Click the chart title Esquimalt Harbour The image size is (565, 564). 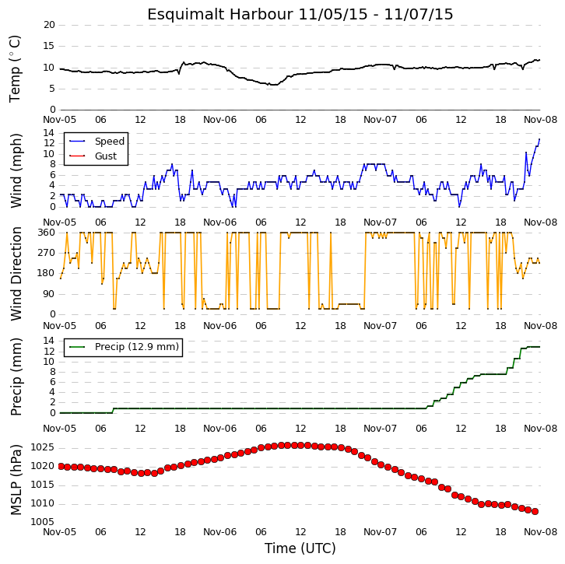pos(219,15)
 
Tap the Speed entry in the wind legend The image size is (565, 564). pos(110,141)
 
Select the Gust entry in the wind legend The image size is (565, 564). pos(106,156)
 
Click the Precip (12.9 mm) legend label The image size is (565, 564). pos(137,347)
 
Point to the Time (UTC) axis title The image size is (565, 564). pos(300,548)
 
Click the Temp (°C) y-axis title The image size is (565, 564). pos(15,69)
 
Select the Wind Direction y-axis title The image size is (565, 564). pos(16,273)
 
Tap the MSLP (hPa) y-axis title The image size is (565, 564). pos(16,480)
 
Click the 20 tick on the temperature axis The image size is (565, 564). pos(49,25)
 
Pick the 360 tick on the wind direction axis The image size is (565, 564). pos(47,233)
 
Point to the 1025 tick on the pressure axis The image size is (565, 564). pos(43,447)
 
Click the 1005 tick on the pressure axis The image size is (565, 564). pos(43,522)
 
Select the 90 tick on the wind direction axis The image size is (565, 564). pos(49,294)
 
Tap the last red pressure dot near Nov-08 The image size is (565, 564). pos(535,511)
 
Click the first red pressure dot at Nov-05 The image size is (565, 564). pos(61,467)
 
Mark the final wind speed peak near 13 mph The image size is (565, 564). pos(539,139)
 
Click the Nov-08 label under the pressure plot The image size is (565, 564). pos(541,532)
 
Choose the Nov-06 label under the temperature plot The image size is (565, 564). pos(219,120)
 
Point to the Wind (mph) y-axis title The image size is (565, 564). pos(16,170)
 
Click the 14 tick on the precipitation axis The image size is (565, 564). pos(49,341)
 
